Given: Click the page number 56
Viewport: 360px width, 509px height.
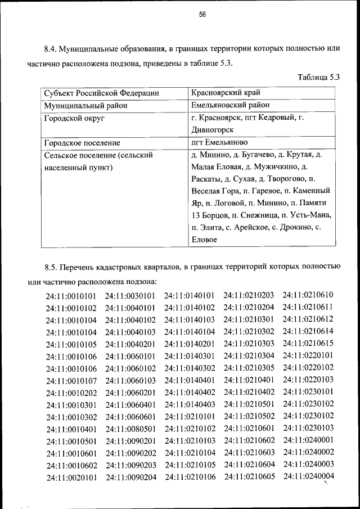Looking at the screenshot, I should (202, 15).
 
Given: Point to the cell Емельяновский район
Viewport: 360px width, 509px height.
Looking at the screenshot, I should (230, 105).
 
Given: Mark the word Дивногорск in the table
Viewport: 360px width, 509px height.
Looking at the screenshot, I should (213, 130).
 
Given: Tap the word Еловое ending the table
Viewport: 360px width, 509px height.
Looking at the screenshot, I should (205, 240).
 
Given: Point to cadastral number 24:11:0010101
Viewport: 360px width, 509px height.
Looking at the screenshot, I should (71, 296).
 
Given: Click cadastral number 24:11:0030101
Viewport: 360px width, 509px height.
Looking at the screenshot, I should (130, 296).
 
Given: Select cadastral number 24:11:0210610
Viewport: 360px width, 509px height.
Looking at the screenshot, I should (308, 295).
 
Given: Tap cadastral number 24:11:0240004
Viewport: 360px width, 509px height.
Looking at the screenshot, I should (309, 476).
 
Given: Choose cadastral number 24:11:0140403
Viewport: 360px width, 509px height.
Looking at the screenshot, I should (190, 404).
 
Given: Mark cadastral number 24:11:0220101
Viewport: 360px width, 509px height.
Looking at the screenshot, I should (308, 355).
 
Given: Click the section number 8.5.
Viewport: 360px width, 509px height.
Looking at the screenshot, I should (53, 266).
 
